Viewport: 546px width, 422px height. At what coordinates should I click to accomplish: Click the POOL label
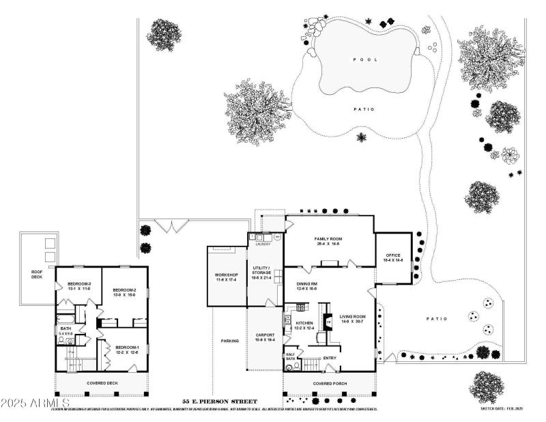tap(364, 59)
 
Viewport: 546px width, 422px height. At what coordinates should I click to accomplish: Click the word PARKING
tap(229, 341)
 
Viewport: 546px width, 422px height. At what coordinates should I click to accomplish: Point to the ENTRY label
tap(330, 358)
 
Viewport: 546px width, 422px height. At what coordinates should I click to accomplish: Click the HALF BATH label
tap(290, 356)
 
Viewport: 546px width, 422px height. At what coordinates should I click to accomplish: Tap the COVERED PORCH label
tap(330, 384)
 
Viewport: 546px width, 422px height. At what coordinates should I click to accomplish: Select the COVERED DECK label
tap(102, 383)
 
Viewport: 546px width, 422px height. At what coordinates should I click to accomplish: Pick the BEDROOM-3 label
tap(79, 286)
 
